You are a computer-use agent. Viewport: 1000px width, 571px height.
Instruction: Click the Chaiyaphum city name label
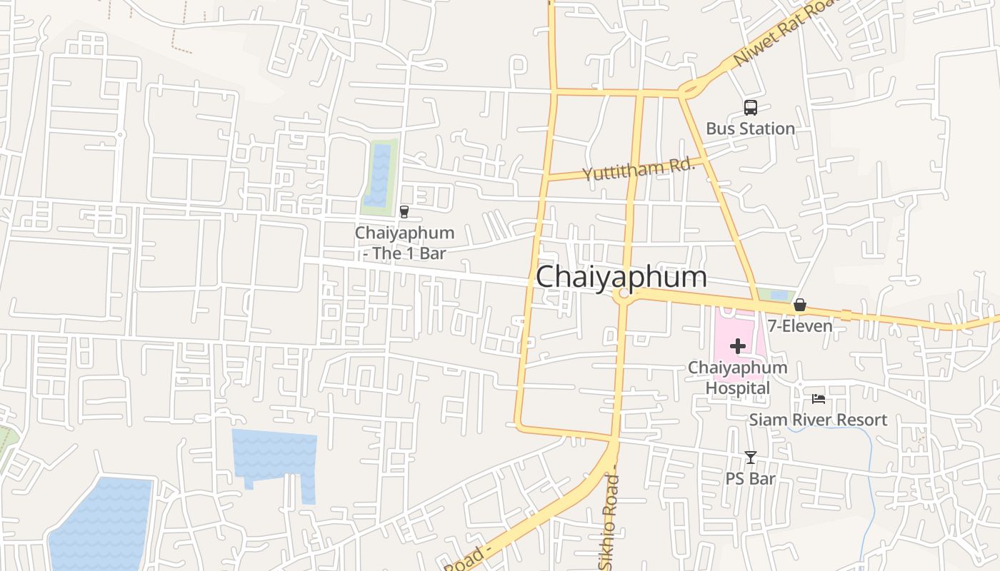coord(621,277)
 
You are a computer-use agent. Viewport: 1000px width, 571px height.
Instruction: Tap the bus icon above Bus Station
coord(750,108)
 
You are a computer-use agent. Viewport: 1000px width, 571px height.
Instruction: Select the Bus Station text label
coord(750,128)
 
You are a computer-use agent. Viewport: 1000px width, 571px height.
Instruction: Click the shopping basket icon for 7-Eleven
coord(800,305)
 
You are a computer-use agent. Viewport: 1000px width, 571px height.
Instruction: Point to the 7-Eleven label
coord(800,326)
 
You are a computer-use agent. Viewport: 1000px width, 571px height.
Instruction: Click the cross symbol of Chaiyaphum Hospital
coord(738,347)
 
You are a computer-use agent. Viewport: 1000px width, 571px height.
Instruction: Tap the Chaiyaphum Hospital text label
coord(738,378)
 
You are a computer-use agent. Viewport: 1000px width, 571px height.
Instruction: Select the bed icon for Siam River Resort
coord(819,399)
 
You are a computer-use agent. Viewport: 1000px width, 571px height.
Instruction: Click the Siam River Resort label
coord(818,420)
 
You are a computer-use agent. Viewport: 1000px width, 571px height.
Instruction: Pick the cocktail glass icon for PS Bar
coord(750,458)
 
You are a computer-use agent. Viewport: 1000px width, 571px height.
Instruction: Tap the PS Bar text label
coord(750,478)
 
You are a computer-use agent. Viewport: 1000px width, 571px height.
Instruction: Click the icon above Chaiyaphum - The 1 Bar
coord(404,212)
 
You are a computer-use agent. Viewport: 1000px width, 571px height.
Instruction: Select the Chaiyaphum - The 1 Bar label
coord(404,243)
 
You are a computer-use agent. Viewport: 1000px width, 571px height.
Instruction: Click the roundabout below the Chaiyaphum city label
coord(624,294)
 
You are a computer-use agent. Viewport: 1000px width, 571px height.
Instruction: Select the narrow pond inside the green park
coord(378,176)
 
